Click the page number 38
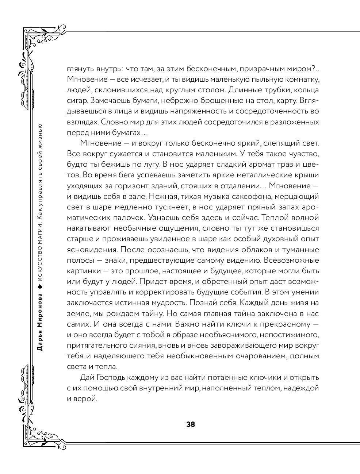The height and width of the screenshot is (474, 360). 191,424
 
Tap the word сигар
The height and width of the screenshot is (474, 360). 77,100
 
